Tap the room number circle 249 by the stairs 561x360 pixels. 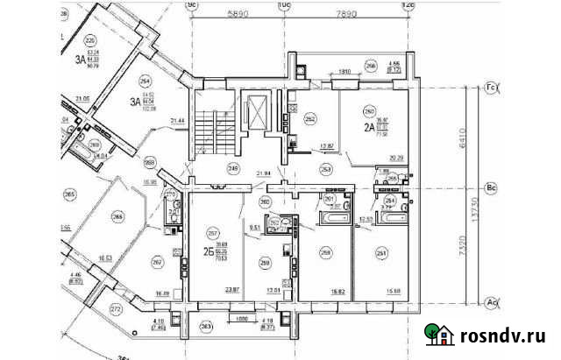[x=233, y=166]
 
